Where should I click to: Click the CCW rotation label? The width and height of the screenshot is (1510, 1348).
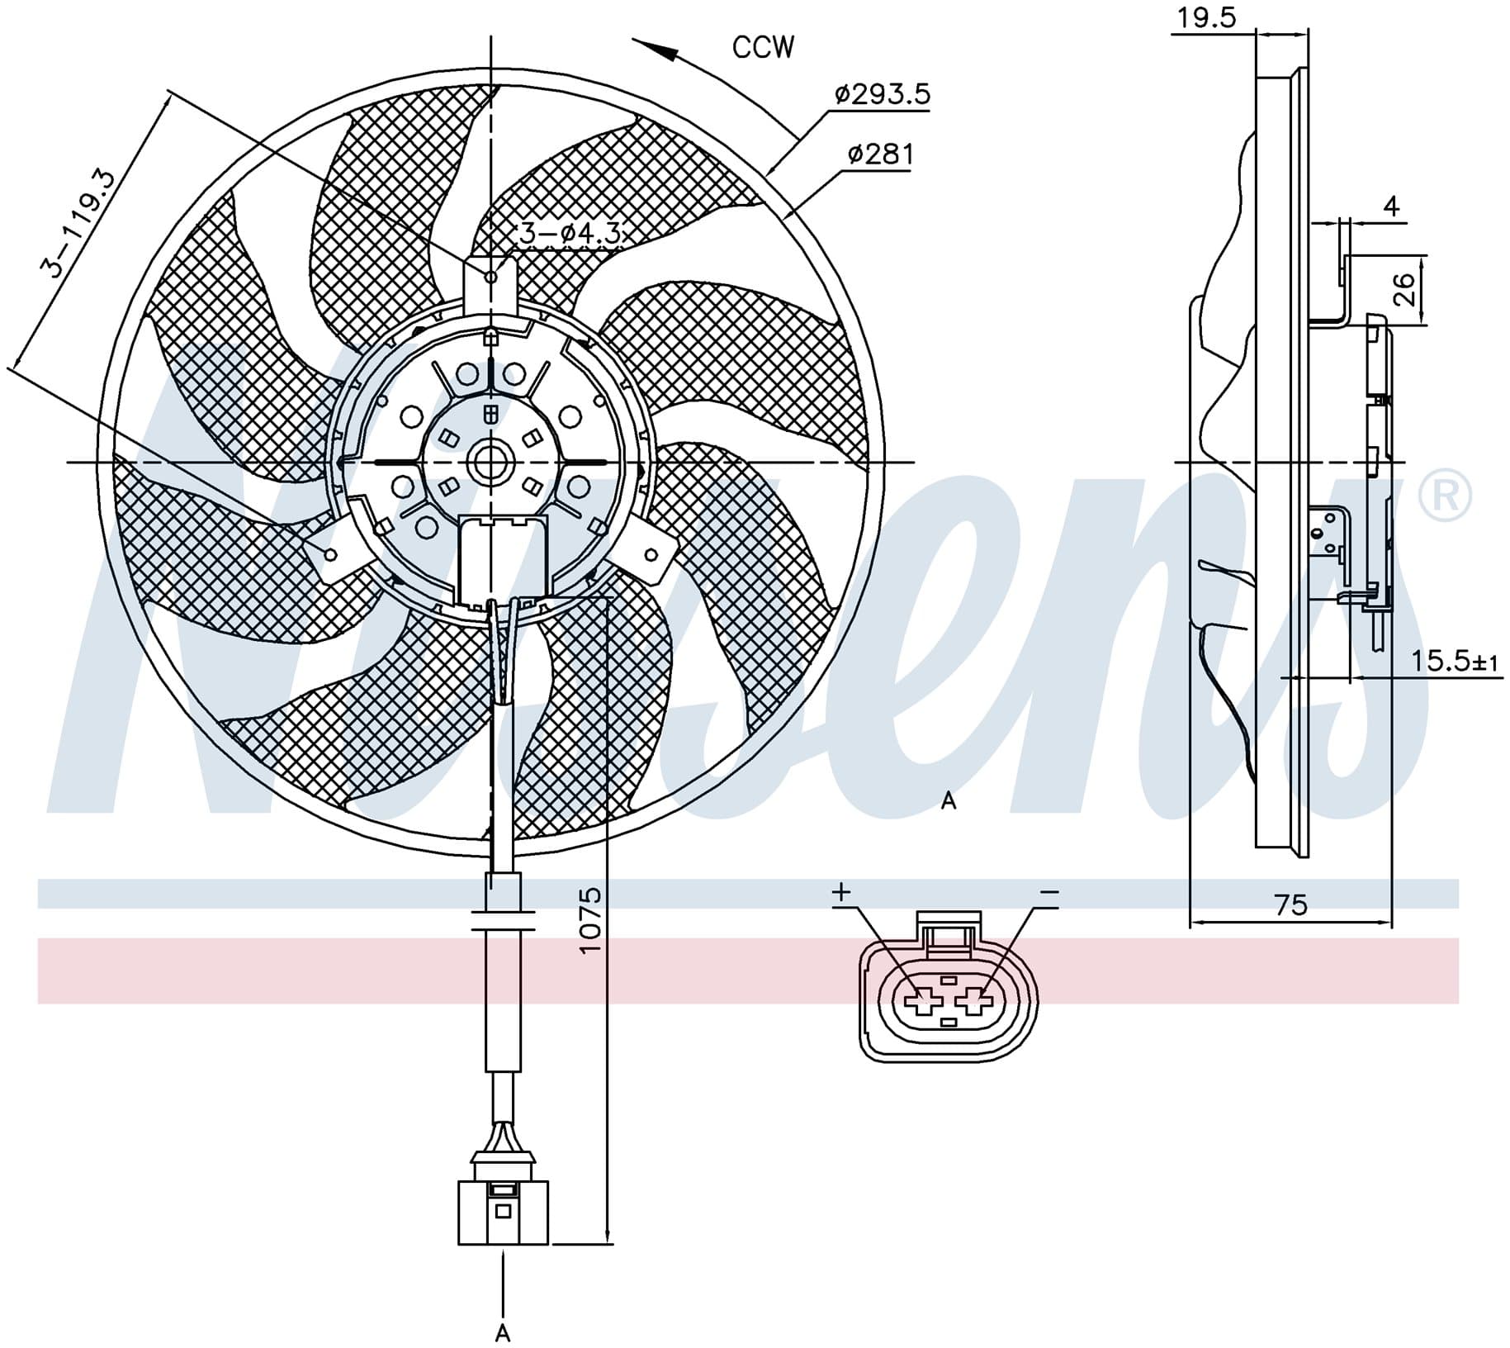tap(763, 47)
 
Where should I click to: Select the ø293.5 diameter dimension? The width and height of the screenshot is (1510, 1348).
tap(882, 94)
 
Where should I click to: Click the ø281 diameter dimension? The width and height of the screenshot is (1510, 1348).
tap(880, 154)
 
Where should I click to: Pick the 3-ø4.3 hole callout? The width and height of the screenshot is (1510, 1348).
tap(569, 234)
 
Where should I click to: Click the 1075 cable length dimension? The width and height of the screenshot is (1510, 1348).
tap(591, 920)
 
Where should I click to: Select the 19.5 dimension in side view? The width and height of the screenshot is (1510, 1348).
tap(1206, 17)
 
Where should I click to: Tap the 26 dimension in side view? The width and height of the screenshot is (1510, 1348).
tap(1403, 290)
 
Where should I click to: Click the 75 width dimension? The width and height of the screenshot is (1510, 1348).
tap(1291, 905)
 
